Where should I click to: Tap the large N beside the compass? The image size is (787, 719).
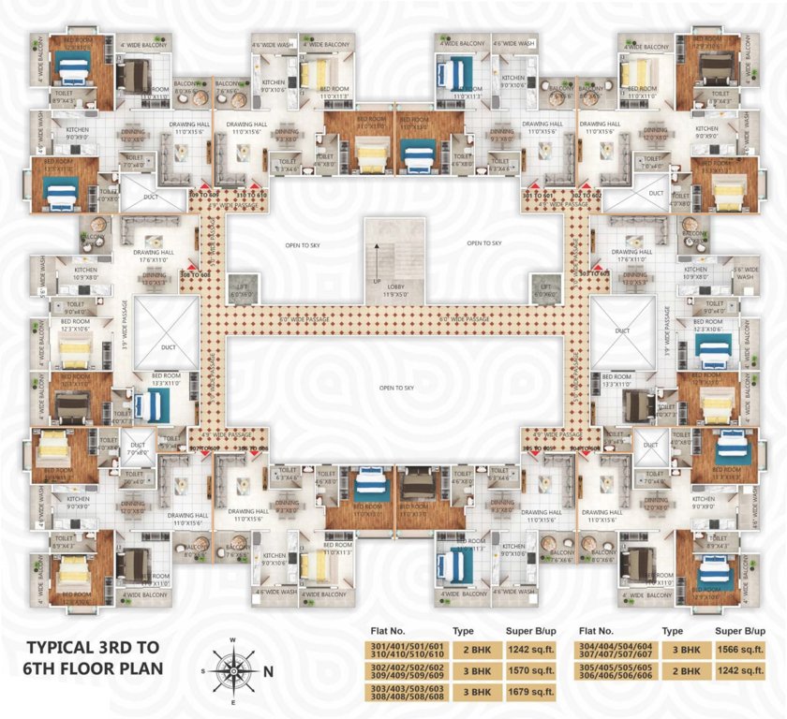point(269,670)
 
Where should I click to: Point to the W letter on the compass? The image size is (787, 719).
point(232,641)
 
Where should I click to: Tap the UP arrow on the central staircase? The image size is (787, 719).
point(377,280)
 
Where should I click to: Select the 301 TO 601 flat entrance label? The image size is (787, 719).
point(539,194)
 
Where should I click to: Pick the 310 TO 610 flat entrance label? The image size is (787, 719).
point(250,194)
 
